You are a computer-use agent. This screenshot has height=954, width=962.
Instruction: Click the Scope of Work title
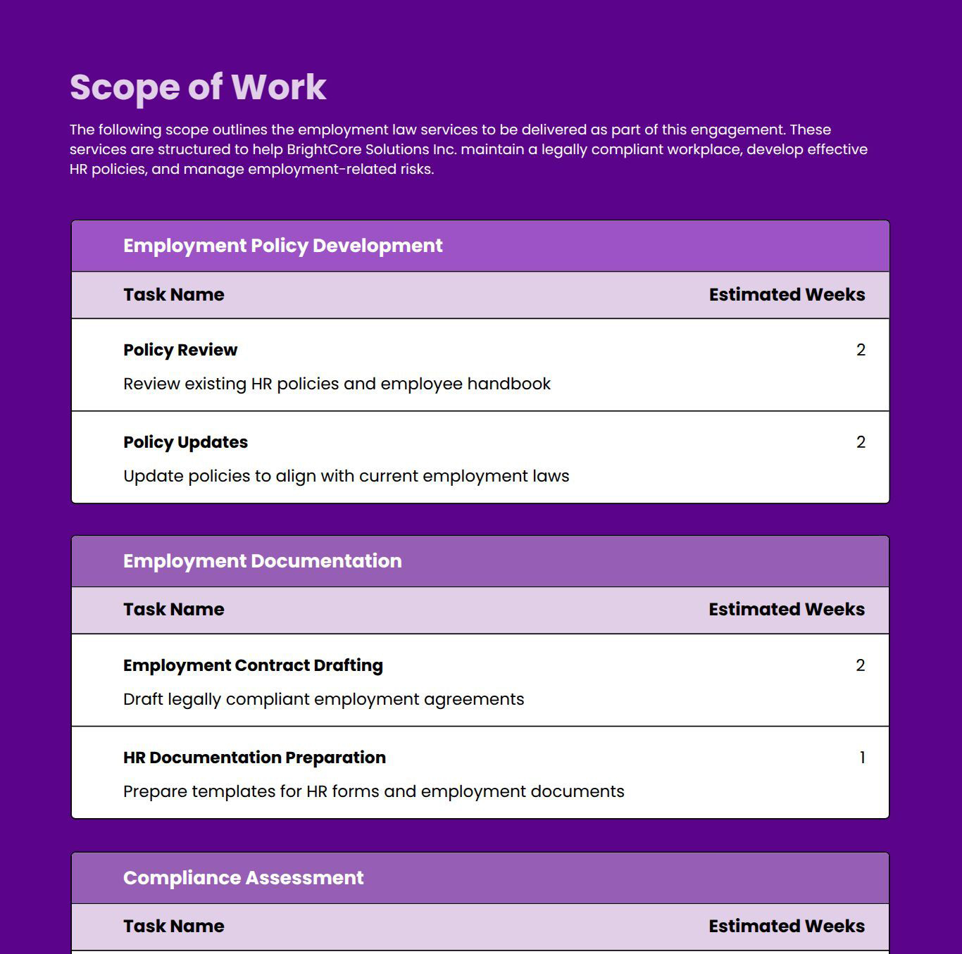tap(198, 87)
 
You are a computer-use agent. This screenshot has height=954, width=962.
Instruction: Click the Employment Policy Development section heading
tap(282, 246)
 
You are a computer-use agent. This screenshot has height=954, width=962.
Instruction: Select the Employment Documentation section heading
tap(262, 561)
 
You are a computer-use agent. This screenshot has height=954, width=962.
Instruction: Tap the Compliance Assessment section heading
tap(243, 878)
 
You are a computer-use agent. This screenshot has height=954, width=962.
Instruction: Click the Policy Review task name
tap(180, 350)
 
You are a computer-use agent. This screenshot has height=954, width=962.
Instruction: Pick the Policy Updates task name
tap(185, 442)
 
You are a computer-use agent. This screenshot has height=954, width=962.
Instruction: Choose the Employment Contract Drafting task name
tap(253, 665)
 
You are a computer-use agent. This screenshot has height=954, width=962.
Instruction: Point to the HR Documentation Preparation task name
tap(254, 758)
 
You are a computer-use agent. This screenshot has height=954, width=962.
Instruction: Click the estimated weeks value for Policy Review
tap(861, 350)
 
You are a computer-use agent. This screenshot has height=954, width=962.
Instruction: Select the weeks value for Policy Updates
tap(861, 442)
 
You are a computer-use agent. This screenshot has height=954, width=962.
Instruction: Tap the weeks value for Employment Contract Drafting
tap(860, 665)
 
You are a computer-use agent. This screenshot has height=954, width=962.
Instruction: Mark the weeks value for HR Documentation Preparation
tap(862, 758)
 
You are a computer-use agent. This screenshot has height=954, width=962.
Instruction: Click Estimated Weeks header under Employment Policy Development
tap(787, 295)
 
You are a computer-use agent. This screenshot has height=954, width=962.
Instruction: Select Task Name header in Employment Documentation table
tap(173, 610)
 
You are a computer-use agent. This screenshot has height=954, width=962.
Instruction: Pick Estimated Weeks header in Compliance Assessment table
tap(787, 927)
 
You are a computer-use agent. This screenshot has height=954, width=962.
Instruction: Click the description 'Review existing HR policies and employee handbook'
tap(337, 384)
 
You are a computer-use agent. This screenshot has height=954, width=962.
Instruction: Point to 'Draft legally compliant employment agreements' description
tap(323, 699)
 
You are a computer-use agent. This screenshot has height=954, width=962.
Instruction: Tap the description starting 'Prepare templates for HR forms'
tap(373, 791)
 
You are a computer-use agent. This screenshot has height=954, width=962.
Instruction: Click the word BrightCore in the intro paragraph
tap(322, 149)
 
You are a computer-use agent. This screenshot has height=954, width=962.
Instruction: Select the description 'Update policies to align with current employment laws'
tap(346, 476)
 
